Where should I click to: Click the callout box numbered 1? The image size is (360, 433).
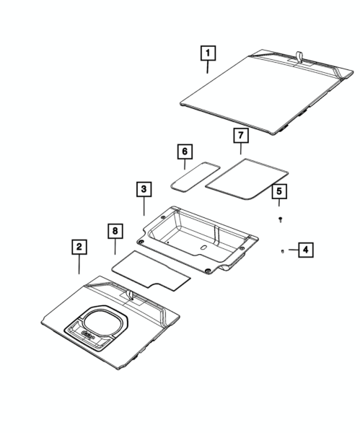point(208,53)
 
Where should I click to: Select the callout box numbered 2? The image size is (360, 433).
point(79,247)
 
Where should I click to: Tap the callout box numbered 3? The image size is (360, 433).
point(144,189)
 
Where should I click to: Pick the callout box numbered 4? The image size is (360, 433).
point(306,250)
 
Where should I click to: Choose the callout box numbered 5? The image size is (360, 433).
point(279,191)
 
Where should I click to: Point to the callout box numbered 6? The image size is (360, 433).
point(185,152)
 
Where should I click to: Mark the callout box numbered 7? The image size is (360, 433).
point(241,136)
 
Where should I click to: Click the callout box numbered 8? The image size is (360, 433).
point(115,231)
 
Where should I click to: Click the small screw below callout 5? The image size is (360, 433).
point(281,220)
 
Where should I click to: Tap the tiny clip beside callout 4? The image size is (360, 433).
point(282,251)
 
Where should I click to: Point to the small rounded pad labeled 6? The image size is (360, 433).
point(196,176)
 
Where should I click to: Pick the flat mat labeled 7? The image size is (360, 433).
point(247,179)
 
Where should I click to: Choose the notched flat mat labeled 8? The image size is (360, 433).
point(151,271)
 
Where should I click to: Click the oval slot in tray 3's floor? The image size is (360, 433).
point(203,248)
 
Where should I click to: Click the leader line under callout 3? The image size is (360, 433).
point(144,206)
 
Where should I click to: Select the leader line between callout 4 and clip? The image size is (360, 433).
point(294,250)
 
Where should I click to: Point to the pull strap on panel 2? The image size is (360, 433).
point(131,295)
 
